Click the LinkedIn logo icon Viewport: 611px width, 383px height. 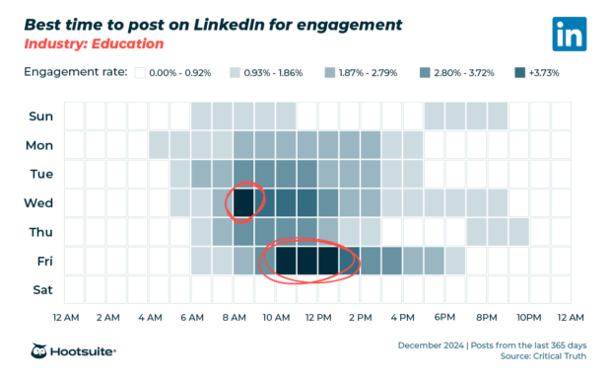tap(569, 34)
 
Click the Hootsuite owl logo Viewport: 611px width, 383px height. tap(41, 351)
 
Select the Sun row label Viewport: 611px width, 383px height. tap(40, 116)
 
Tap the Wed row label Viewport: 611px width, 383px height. tap(40, 203)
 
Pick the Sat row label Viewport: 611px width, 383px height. tap(41, 290)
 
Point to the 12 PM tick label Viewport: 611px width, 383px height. tap(318, 317)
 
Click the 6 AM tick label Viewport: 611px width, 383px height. tap(192, 317)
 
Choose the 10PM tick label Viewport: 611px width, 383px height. tap(529, 317)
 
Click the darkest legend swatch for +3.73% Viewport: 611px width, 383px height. tap(520, 72)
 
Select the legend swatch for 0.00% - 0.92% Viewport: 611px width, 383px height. tap(140, 72)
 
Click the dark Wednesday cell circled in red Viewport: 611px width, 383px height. tap(243, 203)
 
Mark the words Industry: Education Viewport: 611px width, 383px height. tap(94, 44)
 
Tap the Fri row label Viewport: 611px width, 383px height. tap(42, 261)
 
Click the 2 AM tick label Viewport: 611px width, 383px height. tap(107, 317)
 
